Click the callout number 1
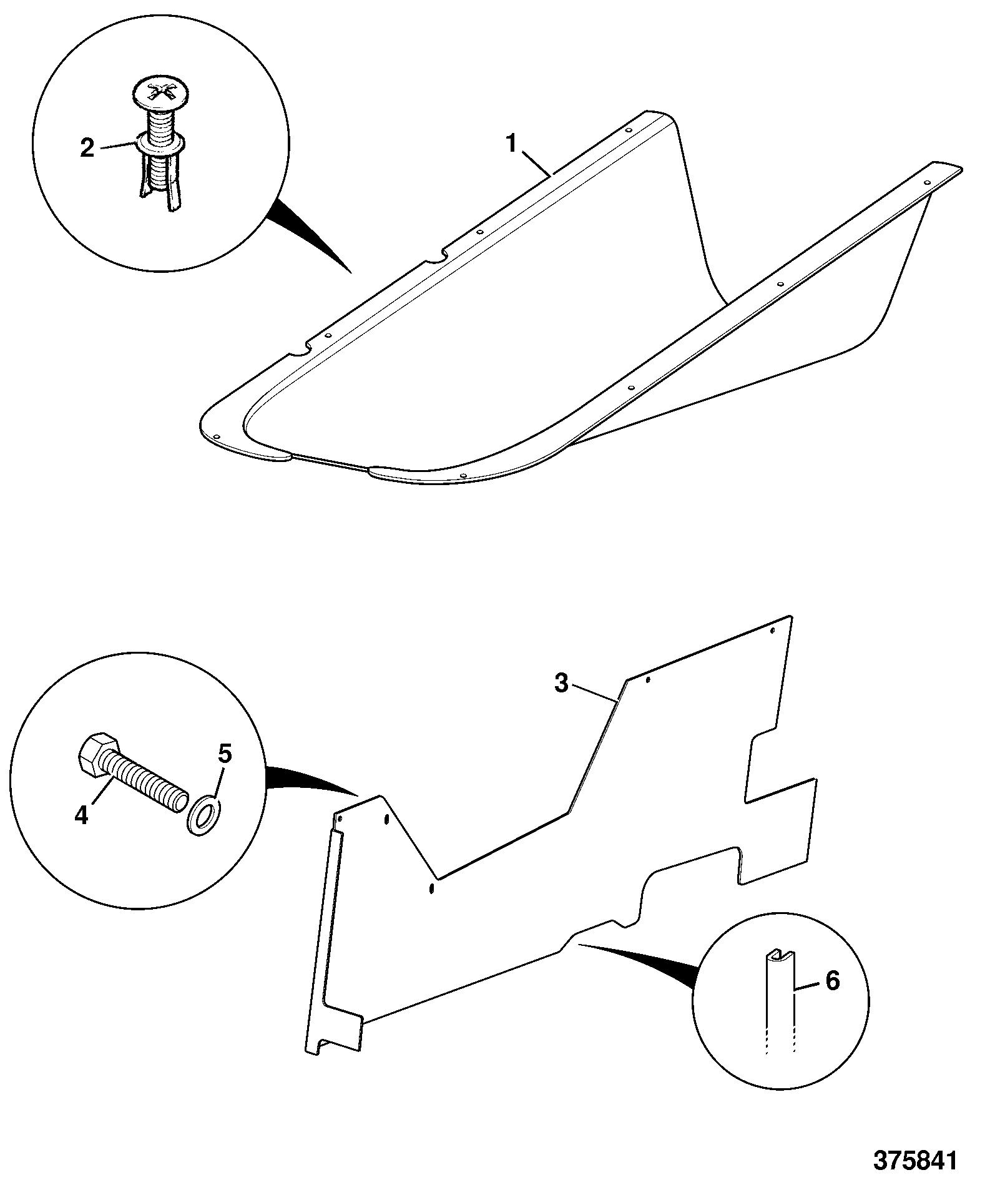pos(511,144)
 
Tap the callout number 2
pos(87,148)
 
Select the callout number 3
pos(562,684)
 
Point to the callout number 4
pos(82,815)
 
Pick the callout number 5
pos(224,754)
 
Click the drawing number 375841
pos(914,1160)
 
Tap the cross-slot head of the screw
pos(161,93)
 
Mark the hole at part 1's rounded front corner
pos(216,436)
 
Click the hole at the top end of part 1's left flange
pos(629,130)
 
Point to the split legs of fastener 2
pos(159,182)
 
